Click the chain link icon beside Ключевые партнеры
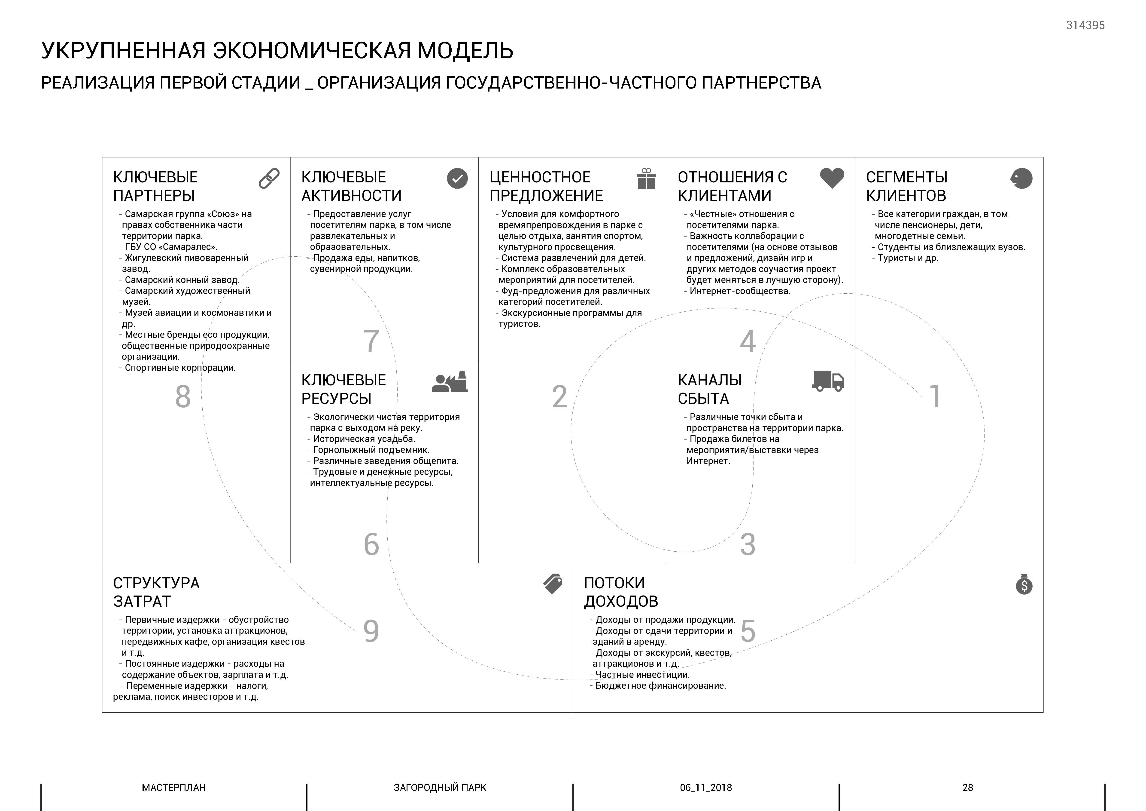269,178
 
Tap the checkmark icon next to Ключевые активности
457,178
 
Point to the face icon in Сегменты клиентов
1021,178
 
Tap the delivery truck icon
828,381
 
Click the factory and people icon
450,382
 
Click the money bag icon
1024,584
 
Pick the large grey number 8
183,397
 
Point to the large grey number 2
559,397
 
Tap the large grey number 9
371,631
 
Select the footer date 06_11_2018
706,787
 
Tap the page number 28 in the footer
967,787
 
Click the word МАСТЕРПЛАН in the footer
174,787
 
